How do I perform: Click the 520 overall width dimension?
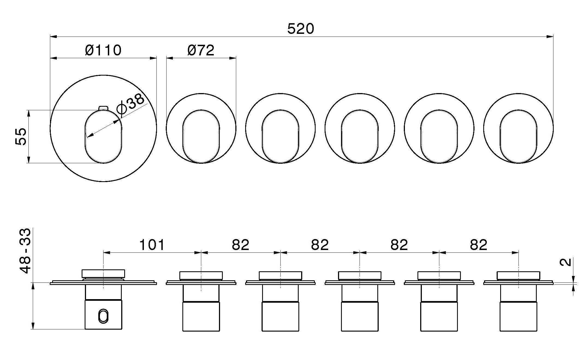click(301, 29)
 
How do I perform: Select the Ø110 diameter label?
click(103, 50)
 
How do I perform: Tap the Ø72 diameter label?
click(201, 50)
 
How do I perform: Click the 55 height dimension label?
click(21, 136)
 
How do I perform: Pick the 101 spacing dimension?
click(152, 245)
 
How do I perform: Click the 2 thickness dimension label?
click(566, 262)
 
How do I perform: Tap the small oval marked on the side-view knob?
click(103, 316)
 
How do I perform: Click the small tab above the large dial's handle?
click(103, 108)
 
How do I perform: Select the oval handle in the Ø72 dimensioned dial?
click(201, 136)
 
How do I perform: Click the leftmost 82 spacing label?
click(241, 245)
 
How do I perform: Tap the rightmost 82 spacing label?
click(479, 245)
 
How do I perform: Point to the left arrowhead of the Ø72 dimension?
click(170, 58)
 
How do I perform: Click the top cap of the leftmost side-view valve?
click(103, 274)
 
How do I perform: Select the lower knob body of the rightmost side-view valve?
click(518, 316)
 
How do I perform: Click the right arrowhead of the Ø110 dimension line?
click(153, 58)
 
